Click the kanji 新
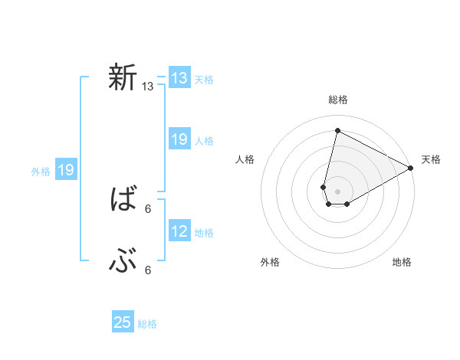pos(123,77)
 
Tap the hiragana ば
pos(123,200)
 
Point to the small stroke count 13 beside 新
pos(148,87)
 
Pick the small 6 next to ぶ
pos(148,270)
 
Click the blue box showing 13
pos(179,78)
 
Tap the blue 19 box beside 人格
pos(179,139)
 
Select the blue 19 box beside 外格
pos(66,170)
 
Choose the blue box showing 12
pos(179,231)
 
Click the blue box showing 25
pos(123,322)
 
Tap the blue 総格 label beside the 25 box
pos(147,324)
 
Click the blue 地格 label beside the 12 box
pos(204,233)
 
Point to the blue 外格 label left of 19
pos(41,172)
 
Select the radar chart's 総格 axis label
pos(338,100)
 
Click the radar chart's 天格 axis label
pos(431,159)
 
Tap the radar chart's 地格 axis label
pos(402,263)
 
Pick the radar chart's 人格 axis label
pos(245,159)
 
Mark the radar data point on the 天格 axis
pos(411,169)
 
